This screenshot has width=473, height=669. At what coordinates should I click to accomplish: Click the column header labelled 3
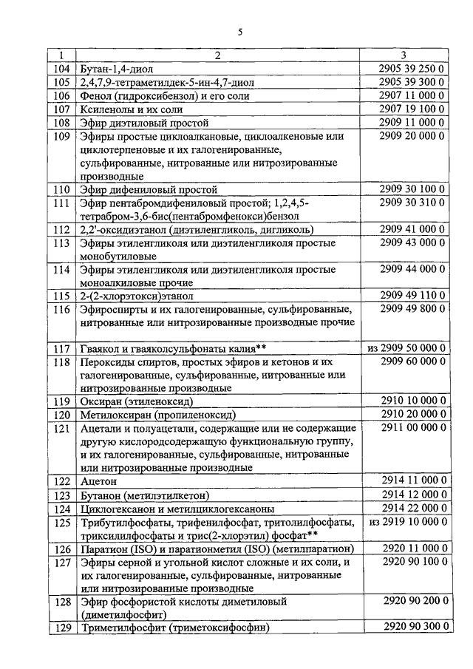404,55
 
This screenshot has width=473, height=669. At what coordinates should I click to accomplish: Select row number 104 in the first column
62,69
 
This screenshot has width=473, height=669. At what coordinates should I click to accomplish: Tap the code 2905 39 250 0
410,69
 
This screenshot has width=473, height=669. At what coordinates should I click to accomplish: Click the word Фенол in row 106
93,96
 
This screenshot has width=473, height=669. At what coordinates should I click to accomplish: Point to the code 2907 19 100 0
410,109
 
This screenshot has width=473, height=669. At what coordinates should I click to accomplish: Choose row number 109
62,137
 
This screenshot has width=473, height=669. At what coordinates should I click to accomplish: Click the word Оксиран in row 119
101,402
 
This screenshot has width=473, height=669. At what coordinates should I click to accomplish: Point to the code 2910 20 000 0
410,415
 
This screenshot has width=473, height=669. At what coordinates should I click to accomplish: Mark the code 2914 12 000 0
410,495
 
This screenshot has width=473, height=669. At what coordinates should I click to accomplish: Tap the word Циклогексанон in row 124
118,509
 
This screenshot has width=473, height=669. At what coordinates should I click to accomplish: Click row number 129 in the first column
62,628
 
